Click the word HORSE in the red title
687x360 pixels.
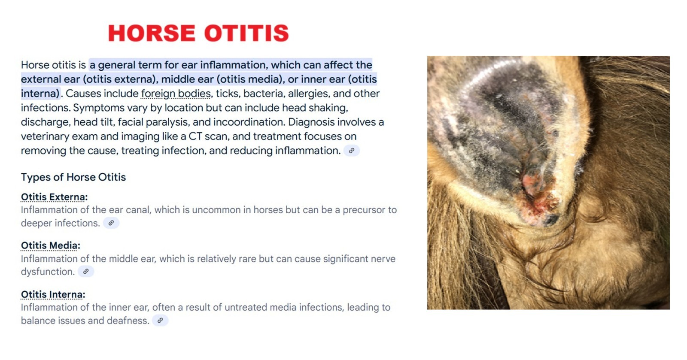152,33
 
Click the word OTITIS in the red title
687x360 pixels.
246,33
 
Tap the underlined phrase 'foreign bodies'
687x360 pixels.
176,94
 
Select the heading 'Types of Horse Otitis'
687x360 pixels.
73,177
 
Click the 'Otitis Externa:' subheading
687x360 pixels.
54,197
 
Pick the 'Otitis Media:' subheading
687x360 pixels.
51,245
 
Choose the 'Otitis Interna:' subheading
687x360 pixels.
53,294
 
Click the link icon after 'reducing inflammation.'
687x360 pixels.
352,151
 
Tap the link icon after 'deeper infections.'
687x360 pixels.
111,223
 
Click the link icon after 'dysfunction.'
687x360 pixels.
86,272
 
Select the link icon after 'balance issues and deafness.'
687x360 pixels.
160,321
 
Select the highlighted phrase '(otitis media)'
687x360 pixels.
249,79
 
